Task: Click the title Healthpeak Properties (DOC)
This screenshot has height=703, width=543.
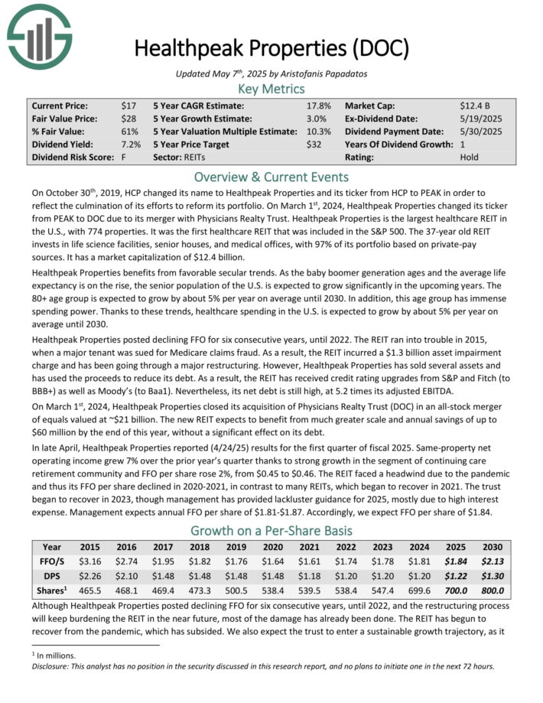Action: pos(271,47)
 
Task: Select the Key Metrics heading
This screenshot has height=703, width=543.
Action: pos(271,89)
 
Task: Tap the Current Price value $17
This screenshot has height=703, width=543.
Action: pos(127,106)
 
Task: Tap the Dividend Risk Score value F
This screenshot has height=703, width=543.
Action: pos(123,158)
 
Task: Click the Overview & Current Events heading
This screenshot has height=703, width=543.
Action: pos(271,175)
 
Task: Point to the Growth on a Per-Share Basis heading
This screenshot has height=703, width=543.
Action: pos(271,529)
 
